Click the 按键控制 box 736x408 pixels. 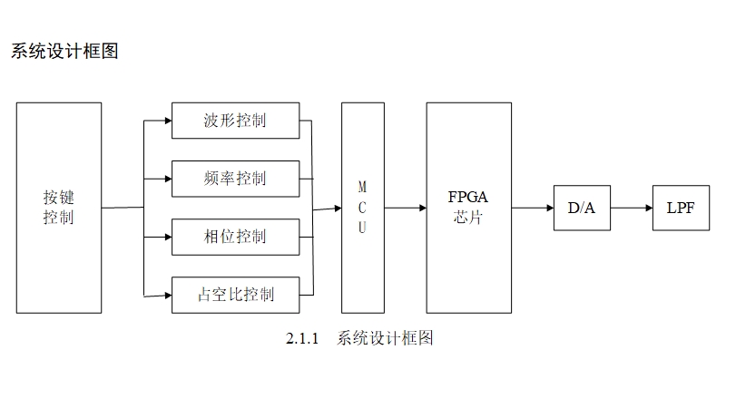(x=59, y=208)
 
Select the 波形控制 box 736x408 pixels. (x=235, y=121)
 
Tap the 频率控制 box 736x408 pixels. (x=235, y=179)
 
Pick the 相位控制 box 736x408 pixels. (x=235, y=237)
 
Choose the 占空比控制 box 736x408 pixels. (x=235, y=295)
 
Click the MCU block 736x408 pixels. (x=362, y=208)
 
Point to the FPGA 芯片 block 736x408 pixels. (x=468, y=208)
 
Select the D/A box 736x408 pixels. (x=582, y=208)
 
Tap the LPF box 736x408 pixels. (x=681, y=208)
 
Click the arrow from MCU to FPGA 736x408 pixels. (x=405, y=208)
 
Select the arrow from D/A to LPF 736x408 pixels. (x=631, y=208)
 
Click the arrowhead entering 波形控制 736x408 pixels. (x=167, y=121)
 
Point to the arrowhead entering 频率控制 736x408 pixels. (x=167, y=179)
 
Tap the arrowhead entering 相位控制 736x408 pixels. (x=167, y=237)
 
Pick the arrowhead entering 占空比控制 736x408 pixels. (x=167, y=295)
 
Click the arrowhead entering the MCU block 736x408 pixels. (x=337, y=209)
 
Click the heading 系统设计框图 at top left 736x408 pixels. (x=64, y=51)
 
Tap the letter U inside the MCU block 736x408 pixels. (x=362, y=228)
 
